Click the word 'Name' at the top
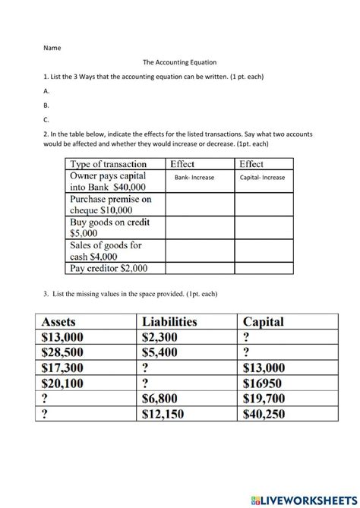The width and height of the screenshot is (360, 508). tap(52, 47)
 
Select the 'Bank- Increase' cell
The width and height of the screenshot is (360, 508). tap(194, 178)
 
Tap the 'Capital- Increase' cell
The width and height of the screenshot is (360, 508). tap(262, 178)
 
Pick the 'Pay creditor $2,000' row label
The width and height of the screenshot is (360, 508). tap(109, 268)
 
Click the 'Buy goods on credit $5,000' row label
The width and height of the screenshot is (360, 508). tap(109, 229)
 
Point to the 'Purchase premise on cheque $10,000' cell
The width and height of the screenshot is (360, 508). tap(110, 203)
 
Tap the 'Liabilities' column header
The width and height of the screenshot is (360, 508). tap(169, 322)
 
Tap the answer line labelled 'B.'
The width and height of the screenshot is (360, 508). tap(46, 106)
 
